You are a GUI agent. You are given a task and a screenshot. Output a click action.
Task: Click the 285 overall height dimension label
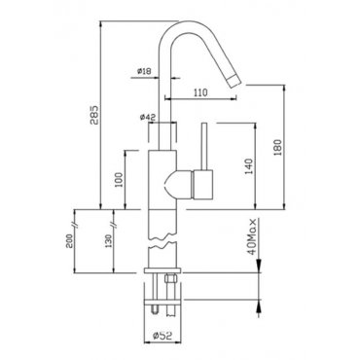click(94, 115)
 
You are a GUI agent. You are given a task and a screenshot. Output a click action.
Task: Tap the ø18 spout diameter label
click(144, 71)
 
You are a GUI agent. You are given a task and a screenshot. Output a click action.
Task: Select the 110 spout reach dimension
click(200, 93)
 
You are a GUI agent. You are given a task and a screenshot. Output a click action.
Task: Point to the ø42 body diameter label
click(148, 117)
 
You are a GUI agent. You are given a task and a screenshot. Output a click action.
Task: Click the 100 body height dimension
click(120, 180)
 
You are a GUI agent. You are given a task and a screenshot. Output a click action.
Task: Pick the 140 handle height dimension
click(249, 166)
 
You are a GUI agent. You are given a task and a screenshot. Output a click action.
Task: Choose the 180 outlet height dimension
click(278, 148)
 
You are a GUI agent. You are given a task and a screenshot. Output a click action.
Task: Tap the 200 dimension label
click(69, 241)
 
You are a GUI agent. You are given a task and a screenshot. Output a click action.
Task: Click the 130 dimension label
click(109, 241)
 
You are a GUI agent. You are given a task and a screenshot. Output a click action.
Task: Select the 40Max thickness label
click(253, 236)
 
